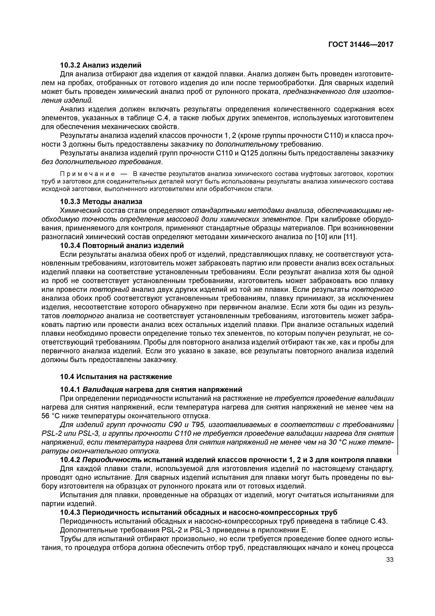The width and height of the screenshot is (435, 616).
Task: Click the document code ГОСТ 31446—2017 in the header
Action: [361, 45]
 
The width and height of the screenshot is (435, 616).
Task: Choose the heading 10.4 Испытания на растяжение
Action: [116, 377]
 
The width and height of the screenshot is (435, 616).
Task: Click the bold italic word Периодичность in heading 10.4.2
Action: [112, 460]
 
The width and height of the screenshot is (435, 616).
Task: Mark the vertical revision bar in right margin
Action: [397, 437]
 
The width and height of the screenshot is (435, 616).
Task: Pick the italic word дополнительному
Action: [247, 144]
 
